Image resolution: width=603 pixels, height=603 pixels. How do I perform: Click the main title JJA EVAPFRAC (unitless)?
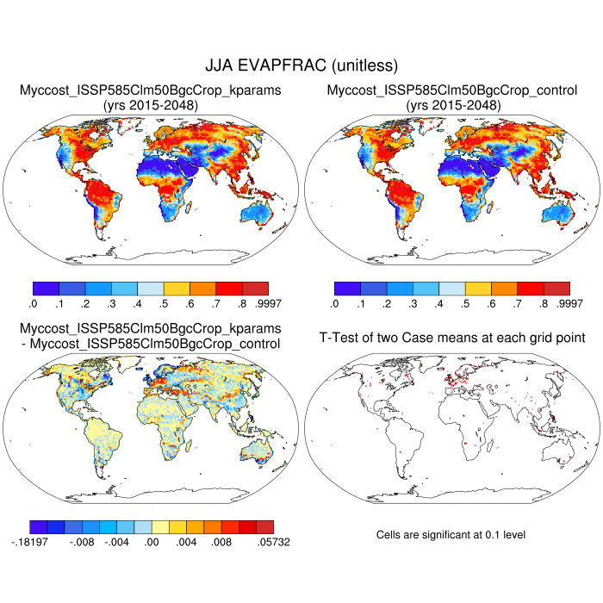click(x=301, y=65)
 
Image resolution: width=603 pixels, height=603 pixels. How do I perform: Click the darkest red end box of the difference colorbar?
click(x=265, y=525)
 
